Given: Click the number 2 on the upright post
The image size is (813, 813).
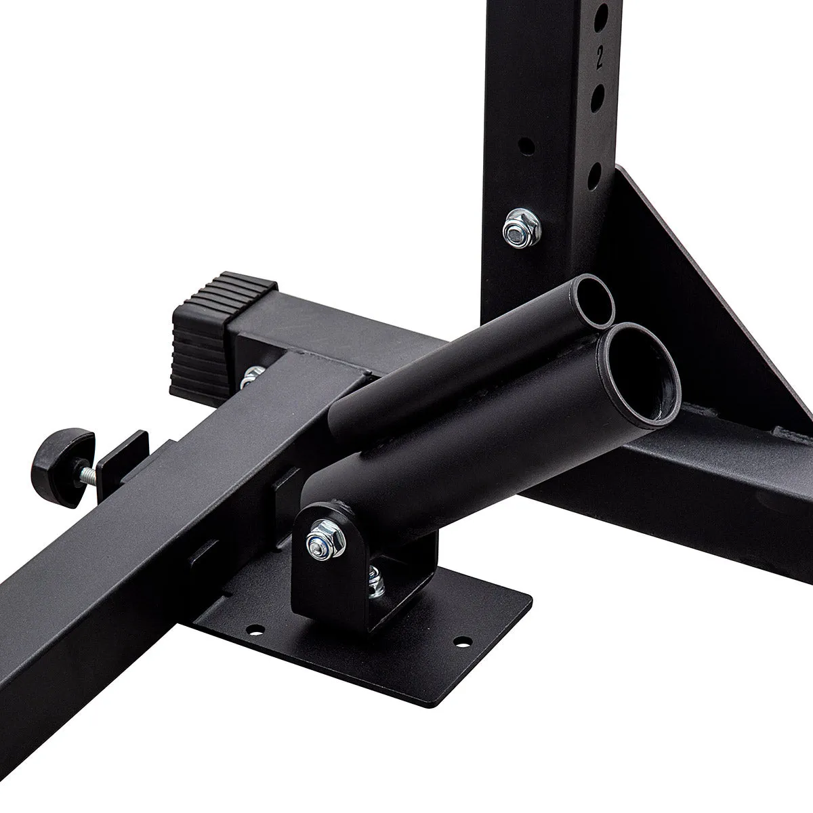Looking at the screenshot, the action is pos(600,59).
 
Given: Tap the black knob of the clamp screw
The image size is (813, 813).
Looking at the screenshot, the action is pos(63,467).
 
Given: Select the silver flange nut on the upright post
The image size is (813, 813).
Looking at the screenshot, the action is pos(522,229).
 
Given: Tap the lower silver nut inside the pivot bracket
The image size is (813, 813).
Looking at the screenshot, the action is pos(375,583).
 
